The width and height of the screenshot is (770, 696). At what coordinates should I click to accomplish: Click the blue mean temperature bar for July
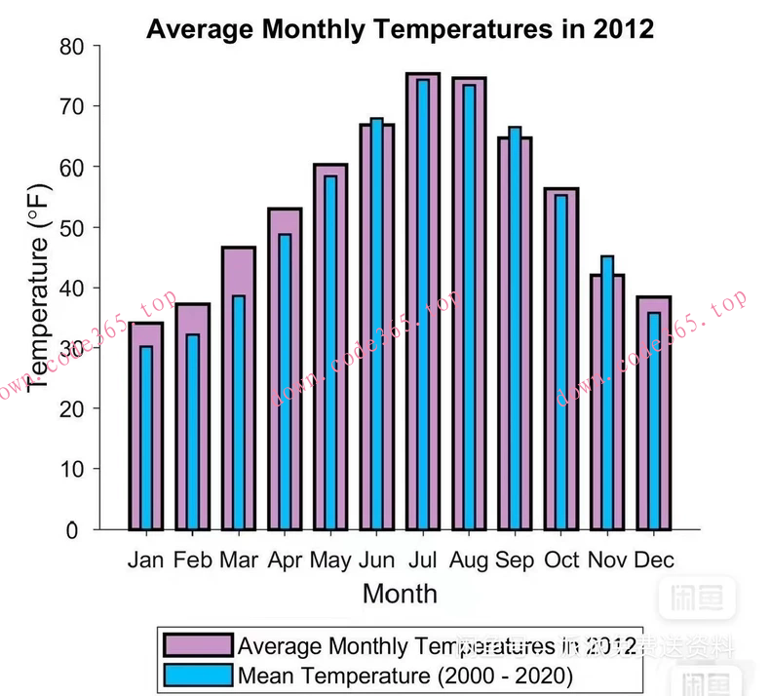pyautogui.click(x=423, y=302)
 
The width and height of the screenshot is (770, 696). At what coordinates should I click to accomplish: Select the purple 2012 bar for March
pyautogui.click(x=227, y=390)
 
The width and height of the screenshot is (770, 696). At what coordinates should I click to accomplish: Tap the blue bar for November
pyautogui.click(x=607, y=390)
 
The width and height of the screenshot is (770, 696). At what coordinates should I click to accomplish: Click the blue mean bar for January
pyautogui.click(x=146, y=439)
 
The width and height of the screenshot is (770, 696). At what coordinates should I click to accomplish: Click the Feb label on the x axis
pyautogui.click(x=193, y=561)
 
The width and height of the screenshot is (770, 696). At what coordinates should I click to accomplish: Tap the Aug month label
pyautogui.click(x=469, y=561)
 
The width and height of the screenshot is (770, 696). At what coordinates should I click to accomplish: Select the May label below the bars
pyautogui.click(x=330, y=561)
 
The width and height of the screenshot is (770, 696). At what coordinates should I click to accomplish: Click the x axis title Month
pyautogui.click(x=400, y=593)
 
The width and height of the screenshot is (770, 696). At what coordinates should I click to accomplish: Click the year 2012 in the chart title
pyautogui.click(x=623, y=29)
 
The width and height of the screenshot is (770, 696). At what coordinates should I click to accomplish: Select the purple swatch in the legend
pyautogui.click(x=198, y=645)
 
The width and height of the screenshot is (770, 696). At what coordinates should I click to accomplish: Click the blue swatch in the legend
pyautogui.click(x=198, y=675)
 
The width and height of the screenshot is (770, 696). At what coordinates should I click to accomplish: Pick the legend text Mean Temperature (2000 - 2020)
pyautogui.click(x=404, y=675)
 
